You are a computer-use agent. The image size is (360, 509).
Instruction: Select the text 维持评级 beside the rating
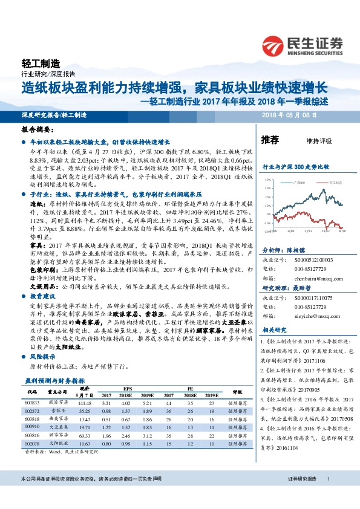(319, 141)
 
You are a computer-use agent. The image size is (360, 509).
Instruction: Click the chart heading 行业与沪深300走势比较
(295, 166)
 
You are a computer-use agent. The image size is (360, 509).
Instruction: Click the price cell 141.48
(84, 402)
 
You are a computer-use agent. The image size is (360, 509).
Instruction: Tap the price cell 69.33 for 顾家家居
(84, 435)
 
